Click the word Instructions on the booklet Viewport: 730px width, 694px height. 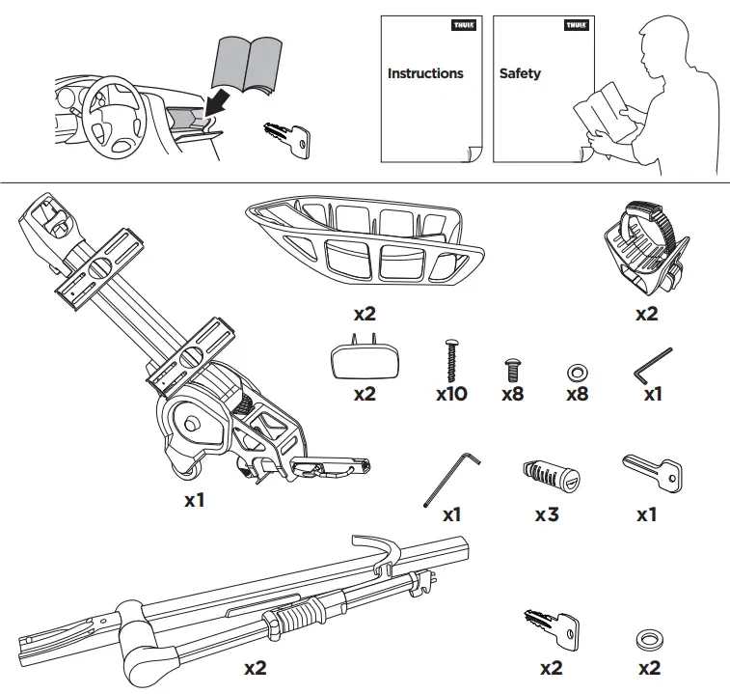[425, 73]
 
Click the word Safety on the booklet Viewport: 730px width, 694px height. [520, 73]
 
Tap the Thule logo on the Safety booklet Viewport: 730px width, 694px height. [575, 26]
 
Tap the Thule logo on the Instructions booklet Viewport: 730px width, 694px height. [463, 26]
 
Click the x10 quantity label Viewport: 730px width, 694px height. [451, 394]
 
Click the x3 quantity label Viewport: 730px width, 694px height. [547, 514]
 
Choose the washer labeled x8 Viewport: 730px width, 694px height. [577, 371]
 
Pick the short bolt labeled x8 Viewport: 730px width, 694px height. [513, 368]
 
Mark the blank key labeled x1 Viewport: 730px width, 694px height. [653, 472]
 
